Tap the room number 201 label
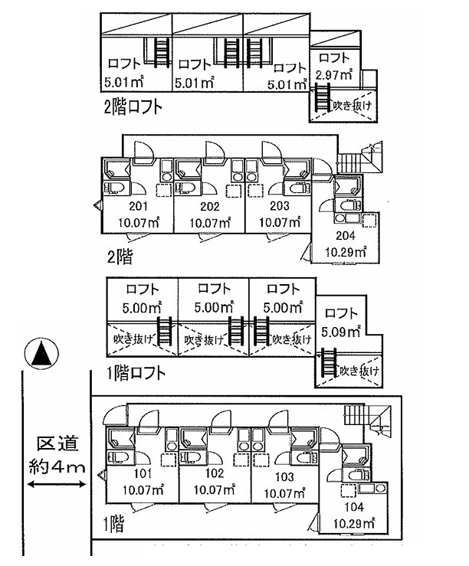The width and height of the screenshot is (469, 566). pyautogui.click(x=138, y=207)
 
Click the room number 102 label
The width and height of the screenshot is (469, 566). pyautogui.click(x=214, y=473)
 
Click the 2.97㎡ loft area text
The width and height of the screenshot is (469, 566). pyautogui.click(x=334, y=75)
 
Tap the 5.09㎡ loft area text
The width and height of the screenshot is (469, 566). pyautogui.click(x=343, y=332)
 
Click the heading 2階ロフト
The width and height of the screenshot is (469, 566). pyautogui.click(x=133, y=106)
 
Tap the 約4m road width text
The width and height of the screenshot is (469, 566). pyautogui.click(x=55, y=466)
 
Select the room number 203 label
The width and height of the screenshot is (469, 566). pyautogui.click(x=279, y=207)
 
